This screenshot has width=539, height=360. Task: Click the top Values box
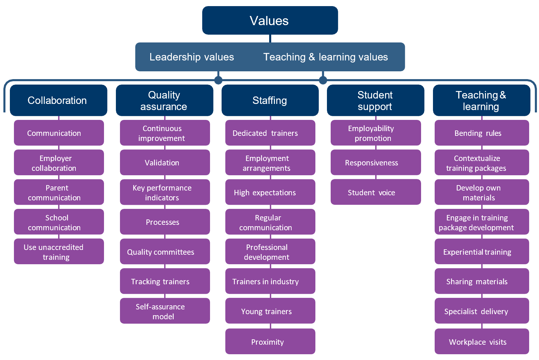pyautogui.click(x=270, y=20)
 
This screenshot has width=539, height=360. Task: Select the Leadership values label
pyautogui.click(x=192, y=57)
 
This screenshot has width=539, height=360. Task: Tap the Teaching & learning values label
pyautogui.click(x=325, y=57)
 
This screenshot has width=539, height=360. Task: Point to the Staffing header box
pyautogui.click(x=270, y=100)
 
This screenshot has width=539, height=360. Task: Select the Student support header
pyautogui.click(x=375, y=100)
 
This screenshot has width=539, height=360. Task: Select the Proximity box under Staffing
pyautogui.click(x=270, y=342)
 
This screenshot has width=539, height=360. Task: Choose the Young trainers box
pyautogui.click(x=270, y=311)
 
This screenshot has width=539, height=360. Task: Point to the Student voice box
pyautogui.click(x=376, y=192)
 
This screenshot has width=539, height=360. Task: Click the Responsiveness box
pyautogui.click(x=376, y=163)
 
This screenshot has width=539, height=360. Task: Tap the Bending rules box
pyautogui.click(x=482, y=133)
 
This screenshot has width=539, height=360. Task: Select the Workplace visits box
pyautogui.click(x=482, y=342)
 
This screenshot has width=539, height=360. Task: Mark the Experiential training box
pyautogui.click(x=482, y=252)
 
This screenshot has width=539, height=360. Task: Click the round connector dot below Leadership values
pyautogui.click(x=218, y=80)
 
